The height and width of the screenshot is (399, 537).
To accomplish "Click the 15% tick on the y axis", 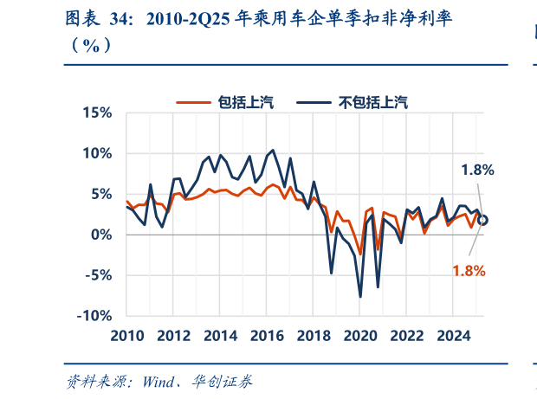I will point(97,113).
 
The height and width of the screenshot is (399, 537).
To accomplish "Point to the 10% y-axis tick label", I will point(97,153).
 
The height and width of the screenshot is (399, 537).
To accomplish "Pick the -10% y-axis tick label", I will point(94,315).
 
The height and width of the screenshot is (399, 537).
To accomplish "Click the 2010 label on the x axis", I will point(126,336).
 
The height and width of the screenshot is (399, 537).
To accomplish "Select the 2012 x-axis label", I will point(173,336).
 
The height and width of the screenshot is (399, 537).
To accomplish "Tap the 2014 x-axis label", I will point(221,336).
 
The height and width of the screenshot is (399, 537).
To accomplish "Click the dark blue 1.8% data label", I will point(476,171).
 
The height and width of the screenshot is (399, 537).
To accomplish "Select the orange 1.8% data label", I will point(469,270).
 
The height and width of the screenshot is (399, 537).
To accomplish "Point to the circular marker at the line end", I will point(482,221).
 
